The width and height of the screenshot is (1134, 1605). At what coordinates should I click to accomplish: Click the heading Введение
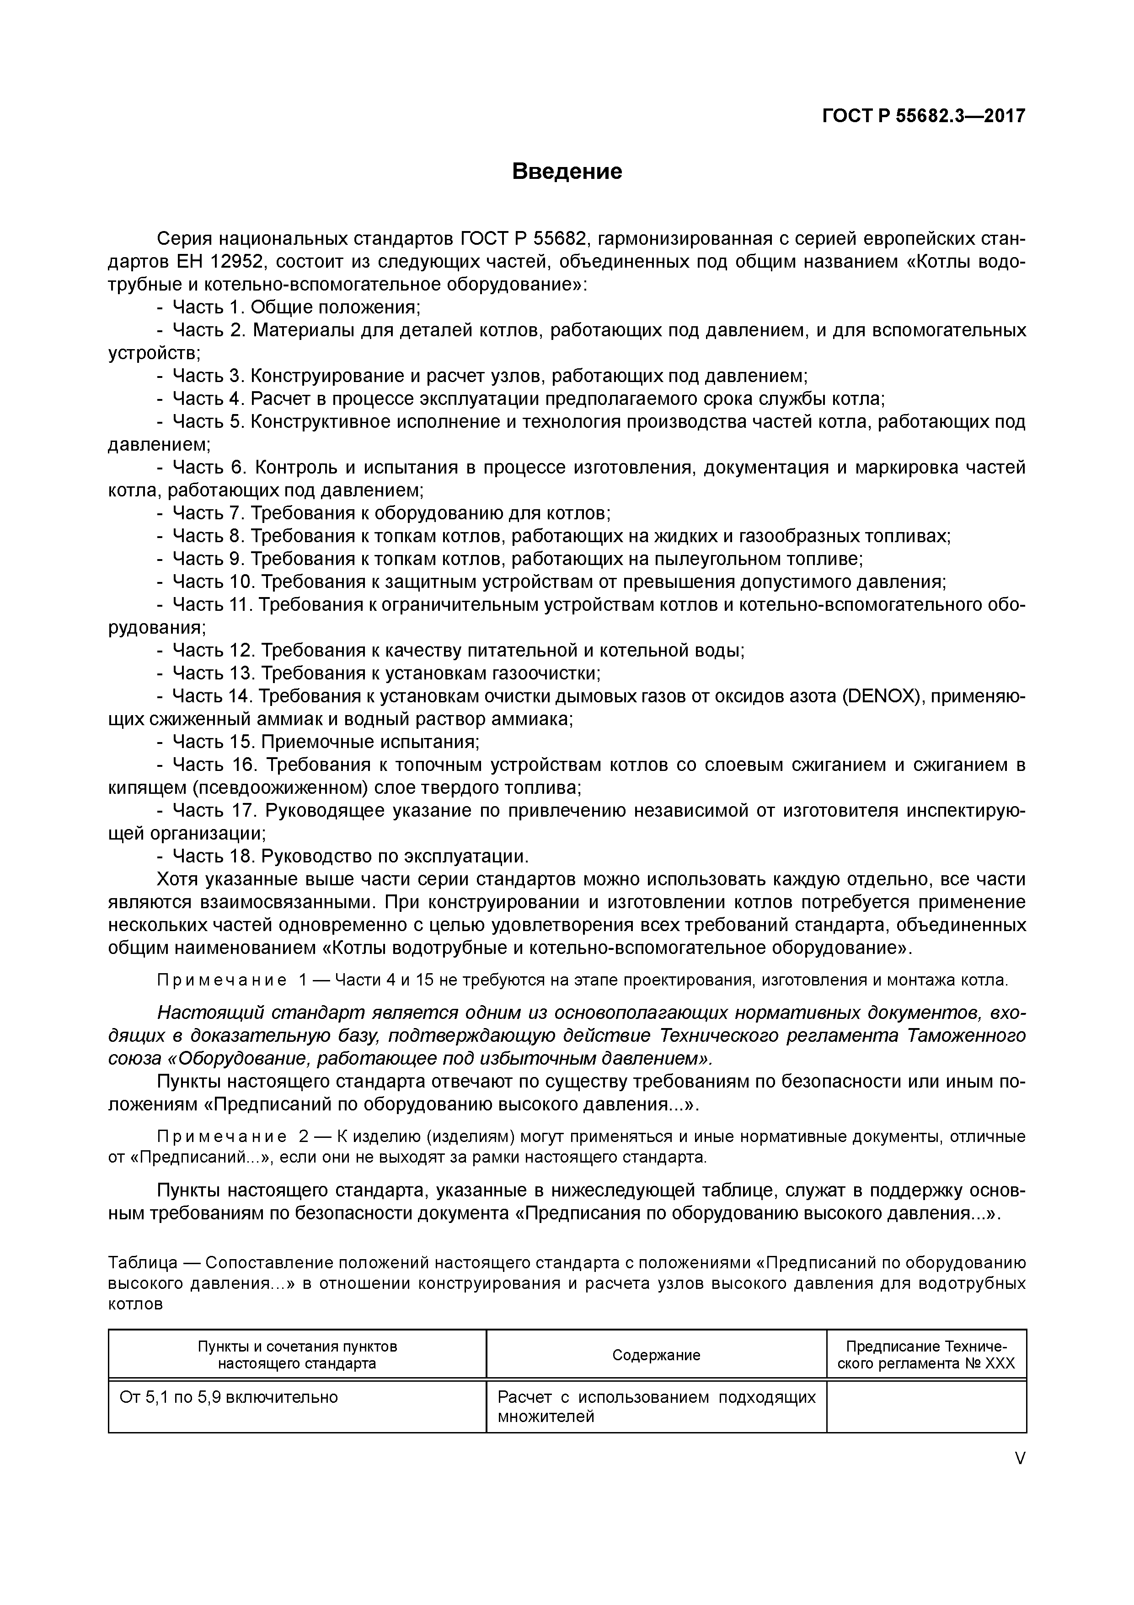tap(567, 171)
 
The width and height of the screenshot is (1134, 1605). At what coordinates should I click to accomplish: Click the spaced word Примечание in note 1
tap(221, 980)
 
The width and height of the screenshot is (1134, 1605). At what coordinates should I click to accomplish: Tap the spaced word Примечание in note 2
tap(221, 1136)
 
